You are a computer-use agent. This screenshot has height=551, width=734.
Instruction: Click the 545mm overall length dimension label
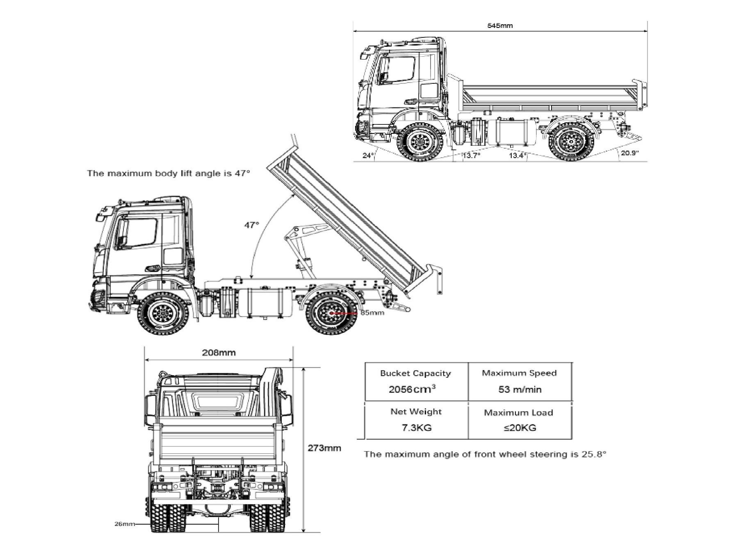pos(499,25)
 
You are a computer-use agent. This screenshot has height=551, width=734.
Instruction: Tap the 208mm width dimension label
pos(219,352)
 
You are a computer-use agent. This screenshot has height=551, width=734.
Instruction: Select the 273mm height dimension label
pos(324,448)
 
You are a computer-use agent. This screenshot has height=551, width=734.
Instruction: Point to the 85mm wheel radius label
pos(372,313)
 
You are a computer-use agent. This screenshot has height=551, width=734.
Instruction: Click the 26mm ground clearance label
pos(124,524)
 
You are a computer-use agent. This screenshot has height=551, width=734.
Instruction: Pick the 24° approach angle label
pos(368,156)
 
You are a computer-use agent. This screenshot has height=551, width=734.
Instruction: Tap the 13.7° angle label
pos(471,156)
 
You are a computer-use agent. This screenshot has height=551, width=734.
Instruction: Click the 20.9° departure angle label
pos(630,153)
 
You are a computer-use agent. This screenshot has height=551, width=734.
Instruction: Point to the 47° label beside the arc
pos(252,225)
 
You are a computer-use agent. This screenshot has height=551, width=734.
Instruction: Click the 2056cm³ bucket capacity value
pos(412,389)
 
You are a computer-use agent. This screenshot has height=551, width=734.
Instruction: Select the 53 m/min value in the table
pos(520,389)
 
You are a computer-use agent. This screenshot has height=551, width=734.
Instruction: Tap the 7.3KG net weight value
pos(416,427)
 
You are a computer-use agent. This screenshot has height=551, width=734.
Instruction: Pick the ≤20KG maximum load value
pos(520,427)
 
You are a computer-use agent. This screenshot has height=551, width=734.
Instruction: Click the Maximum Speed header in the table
pos(519,373)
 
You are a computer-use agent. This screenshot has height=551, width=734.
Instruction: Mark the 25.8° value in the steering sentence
pos(593,454)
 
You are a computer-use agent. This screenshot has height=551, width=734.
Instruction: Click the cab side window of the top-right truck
pos(397,71)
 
